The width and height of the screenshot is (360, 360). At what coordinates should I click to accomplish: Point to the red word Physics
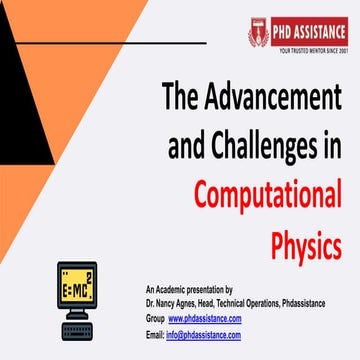tap(308, 240)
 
